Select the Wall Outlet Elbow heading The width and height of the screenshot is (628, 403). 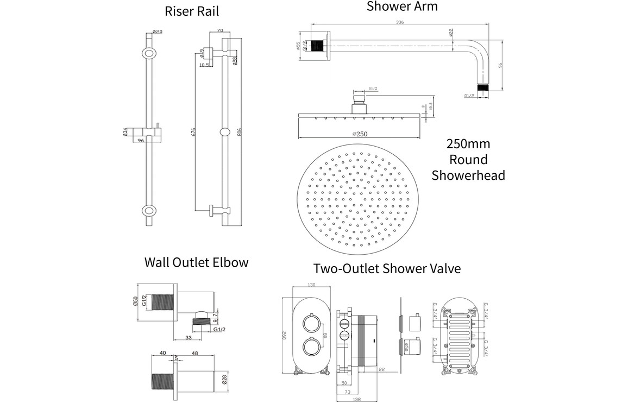tap(196, 262)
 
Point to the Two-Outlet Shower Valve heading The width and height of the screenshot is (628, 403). tap(387, 268)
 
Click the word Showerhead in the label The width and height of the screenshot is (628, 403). tap(468, 175)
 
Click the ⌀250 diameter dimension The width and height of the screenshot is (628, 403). tap(361, 134)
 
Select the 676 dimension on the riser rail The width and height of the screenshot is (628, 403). tap(193, 131)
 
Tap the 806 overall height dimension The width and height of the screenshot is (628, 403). tap(240, 131)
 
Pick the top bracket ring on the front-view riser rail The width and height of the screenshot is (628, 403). tap(148, 54)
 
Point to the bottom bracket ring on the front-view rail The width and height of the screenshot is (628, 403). tap(148, 210)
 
